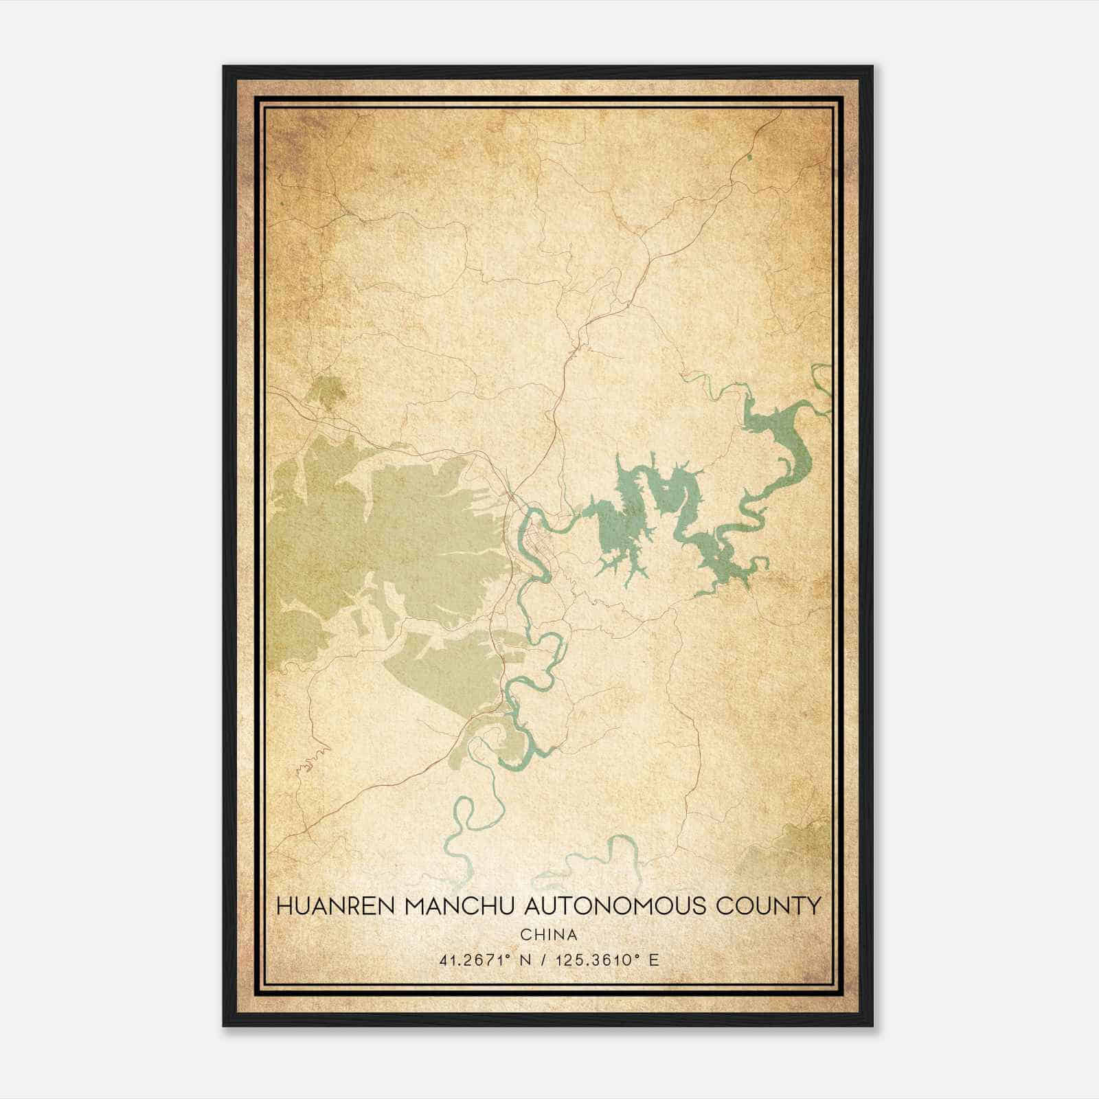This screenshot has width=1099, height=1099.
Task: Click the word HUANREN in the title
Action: point(335,906)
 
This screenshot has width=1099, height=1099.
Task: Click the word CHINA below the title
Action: point(549,935)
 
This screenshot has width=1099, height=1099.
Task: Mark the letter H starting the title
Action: point(282,906)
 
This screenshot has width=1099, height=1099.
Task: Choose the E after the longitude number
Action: point(654,960)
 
